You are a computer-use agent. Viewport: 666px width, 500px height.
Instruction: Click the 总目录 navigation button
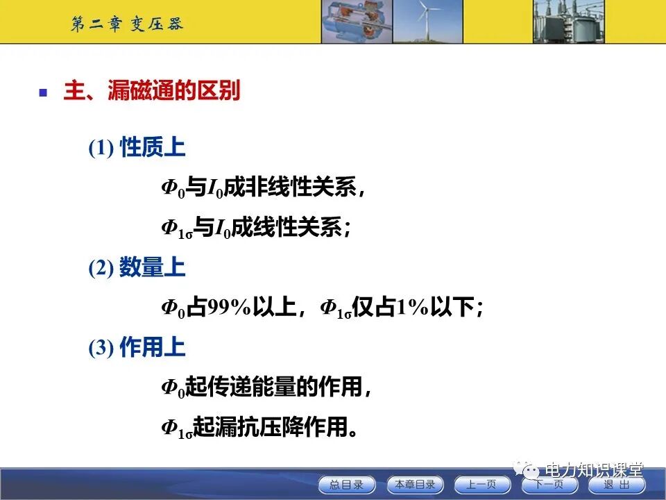point(346,485)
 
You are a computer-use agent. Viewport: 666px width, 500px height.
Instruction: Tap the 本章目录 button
point(414,485)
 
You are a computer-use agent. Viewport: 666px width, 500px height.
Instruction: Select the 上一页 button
point(481,485)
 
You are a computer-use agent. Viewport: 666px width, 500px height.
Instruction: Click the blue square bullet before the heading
point(43,92)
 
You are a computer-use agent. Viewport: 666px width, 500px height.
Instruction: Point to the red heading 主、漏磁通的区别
point(151,92)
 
